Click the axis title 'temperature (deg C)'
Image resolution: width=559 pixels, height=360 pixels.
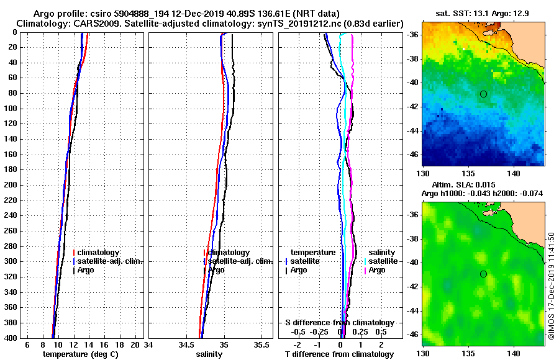[80, 354]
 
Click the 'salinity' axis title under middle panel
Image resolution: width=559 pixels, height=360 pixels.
[209, 354]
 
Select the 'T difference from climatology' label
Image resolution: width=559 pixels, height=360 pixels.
[339, 354]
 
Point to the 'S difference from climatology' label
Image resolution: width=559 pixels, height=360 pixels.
[340, 323]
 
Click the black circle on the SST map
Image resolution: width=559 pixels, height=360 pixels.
[483, 94]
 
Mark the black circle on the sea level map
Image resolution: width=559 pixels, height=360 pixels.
[483, 274]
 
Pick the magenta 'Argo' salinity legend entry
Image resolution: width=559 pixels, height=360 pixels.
[377, 271]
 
